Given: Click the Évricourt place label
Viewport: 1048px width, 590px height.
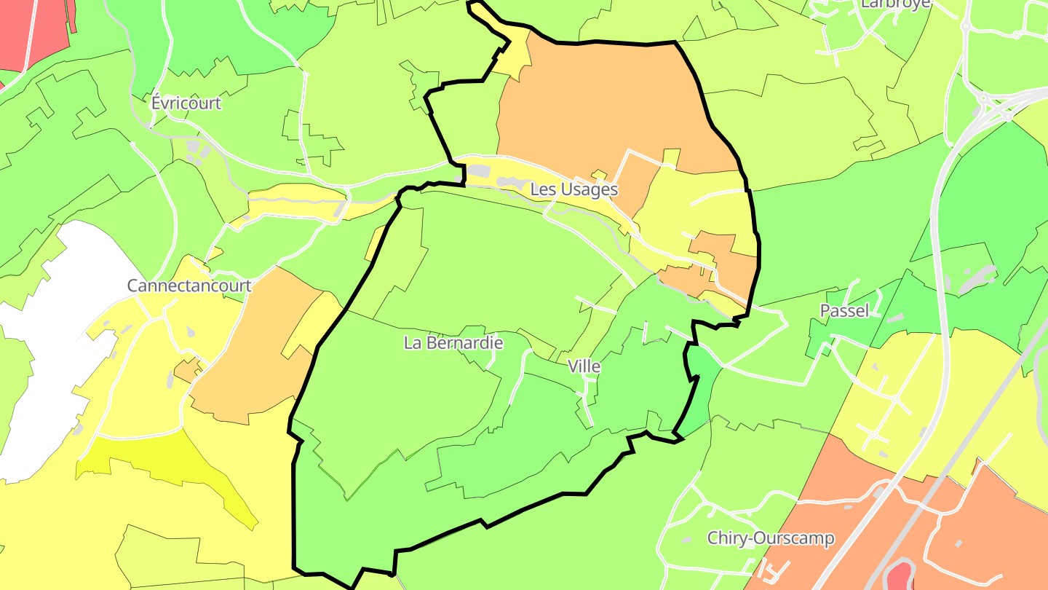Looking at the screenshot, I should pyautogui.click(x=186, y=103).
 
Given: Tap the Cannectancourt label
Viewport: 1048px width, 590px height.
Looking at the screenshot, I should pyautogui.click(x=189, y=286).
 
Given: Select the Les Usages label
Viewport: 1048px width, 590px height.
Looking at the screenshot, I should pyautogui.click(x=573, y=189).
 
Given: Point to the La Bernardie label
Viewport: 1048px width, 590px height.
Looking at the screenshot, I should pyautogui.click(x=453, y=342).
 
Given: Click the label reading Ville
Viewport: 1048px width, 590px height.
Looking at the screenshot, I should pyautogui.click(x=584, y=366).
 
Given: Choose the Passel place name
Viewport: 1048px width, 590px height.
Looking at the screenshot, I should pyautogui.click(x=844, y=311).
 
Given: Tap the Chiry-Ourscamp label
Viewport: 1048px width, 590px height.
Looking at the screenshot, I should pyautogui.click(x=771, y=538).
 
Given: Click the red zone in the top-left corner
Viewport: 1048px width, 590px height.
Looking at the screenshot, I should pyautogui.click(x=29, y=33).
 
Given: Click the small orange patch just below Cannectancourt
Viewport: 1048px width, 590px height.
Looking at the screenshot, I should pyautogui.click(x=186, y=371).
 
